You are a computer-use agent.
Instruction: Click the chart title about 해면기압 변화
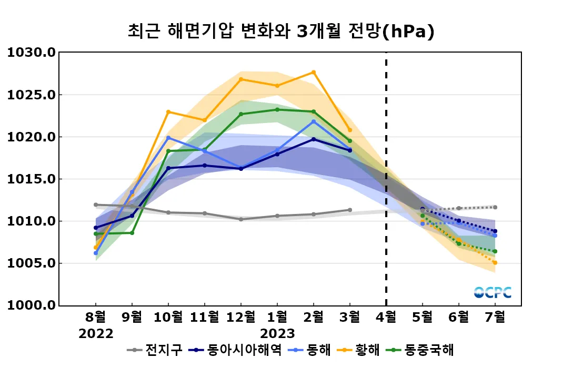click(x=281, y=31)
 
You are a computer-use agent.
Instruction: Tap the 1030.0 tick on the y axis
click(x=31, y=53)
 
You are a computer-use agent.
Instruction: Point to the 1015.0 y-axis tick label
click(x=31, y=179)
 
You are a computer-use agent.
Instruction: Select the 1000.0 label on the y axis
click(x=31, y=305)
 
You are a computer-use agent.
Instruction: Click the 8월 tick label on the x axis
click(x=96, y=318)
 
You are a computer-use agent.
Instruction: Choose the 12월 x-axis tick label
click(x=240, y=318)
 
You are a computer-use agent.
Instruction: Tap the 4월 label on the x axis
click(x=386, y=318)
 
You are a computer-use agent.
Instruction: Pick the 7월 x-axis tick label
click(x=495, y=318)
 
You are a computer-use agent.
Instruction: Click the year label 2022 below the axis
click(x=96, y=334)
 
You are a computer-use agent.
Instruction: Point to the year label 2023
click(x=277, y=334)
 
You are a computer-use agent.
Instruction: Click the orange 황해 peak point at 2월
click(x=314, y=72)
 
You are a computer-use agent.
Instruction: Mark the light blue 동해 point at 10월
click(x=168, y=138)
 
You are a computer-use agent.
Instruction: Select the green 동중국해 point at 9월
click(x=132, y=233)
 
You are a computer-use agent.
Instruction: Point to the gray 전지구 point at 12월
click(x=241, y=219)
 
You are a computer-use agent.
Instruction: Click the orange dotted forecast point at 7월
click(x=495, y=263)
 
